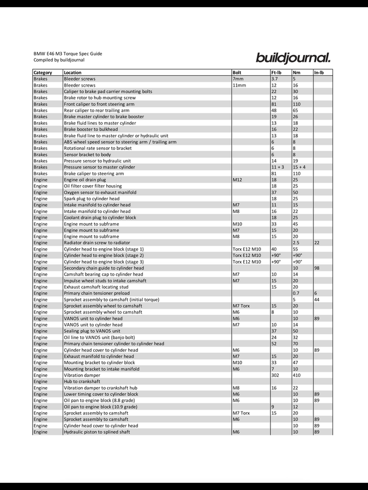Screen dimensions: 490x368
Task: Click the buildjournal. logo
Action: click(293, 57)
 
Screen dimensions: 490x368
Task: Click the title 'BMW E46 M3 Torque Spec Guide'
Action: click(68, 54)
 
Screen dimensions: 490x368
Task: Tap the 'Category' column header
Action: click(43, 72)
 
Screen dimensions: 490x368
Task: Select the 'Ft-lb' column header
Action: click(276, 72)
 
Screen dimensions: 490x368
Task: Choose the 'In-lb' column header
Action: click(319, 72)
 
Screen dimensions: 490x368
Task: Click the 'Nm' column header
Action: click(297, 72)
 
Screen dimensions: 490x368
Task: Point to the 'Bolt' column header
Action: click(237, 72)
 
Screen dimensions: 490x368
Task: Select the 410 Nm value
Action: click(297, 375)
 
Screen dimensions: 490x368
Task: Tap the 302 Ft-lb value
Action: click(275, 375)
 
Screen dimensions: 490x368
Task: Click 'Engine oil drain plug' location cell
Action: click(85, 180)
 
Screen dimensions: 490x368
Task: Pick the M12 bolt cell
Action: click(238, 180)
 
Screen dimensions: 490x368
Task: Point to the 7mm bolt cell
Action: click(238, 79)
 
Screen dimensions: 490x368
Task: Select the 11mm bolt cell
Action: click(239, 85)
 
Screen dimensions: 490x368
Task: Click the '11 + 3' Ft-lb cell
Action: click(277, 167)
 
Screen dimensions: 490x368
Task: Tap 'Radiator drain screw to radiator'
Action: click(97, 243)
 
